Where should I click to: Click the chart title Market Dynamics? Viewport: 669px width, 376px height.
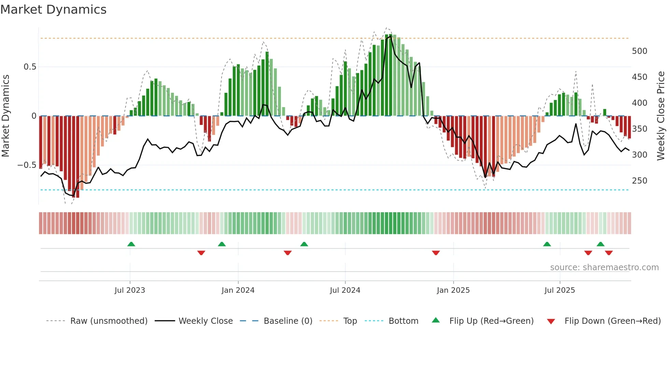[53, 10]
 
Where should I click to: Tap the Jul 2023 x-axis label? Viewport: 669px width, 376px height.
[130, 290]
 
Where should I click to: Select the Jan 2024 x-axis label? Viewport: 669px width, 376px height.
[238, 290]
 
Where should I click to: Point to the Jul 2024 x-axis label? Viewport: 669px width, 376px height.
[345, 290]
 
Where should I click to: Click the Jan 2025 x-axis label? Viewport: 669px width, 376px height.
[453, 290]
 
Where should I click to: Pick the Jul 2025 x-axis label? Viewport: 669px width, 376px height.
[559, 290]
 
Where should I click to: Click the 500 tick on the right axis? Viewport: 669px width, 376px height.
[639, 51]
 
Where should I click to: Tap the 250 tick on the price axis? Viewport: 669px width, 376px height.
[639, 181]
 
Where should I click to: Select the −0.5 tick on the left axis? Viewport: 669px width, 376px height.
[27, 165]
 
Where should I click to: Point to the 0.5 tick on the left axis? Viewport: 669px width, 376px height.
[30, 67]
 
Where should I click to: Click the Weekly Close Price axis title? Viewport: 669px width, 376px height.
[661, 116]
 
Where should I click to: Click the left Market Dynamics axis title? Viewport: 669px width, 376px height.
[5, 116]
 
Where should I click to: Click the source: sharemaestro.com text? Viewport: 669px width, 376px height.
[604, 267]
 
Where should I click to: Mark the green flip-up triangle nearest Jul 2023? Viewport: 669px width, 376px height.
[131, 244]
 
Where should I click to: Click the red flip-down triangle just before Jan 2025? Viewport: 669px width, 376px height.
[436, 253]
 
